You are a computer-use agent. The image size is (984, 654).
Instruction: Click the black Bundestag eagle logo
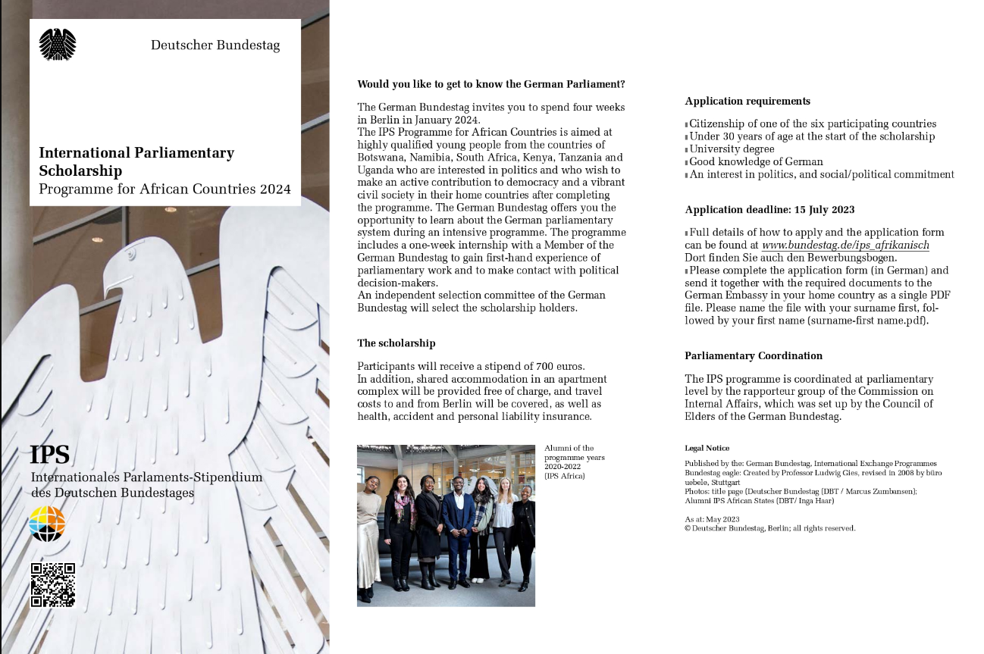58,44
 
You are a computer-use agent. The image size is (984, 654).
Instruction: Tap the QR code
52,584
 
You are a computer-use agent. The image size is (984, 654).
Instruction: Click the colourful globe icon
47,524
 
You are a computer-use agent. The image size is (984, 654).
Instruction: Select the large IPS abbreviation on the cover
49,455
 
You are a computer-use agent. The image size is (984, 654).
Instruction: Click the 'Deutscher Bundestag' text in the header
215,45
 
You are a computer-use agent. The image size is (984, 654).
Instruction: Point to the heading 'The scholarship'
396,343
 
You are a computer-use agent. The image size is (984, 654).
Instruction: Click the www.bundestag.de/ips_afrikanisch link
845,246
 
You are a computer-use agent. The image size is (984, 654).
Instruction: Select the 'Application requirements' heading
747,102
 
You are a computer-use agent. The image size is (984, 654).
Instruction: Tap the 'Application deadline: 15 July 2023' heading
769,210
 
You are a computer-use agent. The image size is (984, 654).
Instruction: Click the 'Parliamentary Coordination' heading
754,356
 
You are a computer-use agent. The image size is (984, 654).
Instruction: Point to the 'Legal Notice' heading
707,449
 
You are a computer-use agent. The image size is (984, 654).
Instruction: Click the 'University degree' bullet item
732,149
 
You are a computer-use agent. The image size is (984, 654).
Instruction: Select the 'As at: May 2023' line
712,519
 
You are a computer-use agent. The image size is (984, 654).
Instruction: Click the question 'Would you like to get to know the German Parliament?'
490,84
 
